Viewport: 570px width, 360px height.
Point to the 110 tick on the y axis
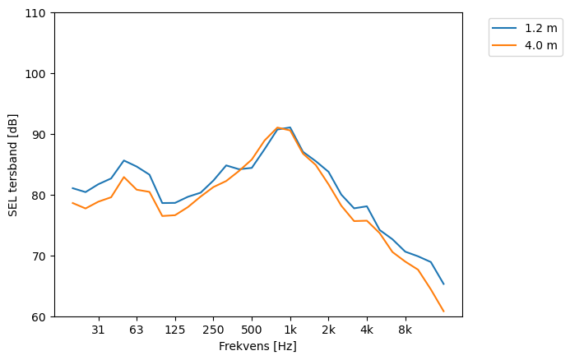click(39, 13)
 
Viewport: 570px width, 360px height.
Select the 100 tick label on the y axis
click(39, 74)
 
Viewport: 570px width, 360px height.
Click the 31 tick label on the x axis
click(98, 330)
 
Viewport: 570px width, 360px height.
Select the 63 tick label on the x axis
click(137, 330)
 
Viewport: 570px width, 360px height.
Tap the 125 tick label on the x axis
click(174, 330)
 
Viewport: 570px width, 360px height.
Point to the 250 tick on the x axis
click(213, 330)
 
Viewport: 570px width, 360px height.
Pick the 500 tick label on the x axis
click(252, 330)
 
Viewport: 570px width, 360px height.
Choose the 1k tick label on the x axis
click(290, 330)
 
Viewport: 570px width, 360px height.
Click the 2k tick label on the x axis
click(328, 330)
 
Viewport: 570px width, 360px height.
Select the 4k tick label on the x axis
click(367, 330)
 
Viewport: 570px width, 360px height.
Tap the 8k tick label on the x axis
click(405, 330)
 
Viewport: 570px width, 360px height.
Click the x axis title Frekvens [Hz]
click(257, 347)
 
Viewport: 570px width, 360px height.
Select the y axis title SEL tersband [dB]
click(12, 164)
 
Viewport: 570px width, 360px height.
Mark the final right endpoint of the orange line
click(443, 312)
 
